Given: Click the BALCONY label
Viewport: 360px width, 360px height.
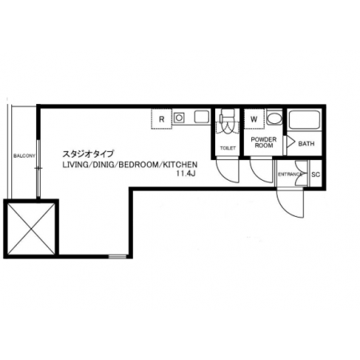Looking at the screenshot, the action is (x=24, y=155).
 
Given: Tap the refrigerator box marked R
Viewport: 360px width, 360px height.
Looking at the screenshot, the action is (x=162, y=119).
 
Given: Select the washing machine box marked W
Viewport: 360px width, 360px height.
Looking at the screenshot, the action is (x=254, y=119).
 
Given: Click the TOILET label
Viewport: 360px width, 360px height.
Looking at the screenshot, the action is (x=228, y=148).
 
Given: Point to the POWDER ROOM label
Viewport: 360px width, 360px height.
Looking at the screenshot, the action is (x=263, y=142).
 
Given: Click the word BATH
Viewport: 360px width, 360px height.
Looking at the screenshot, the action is (x=306, y=144).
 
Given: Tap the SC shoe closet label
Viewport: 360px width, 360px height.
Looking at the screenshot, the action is (x=315, y=174).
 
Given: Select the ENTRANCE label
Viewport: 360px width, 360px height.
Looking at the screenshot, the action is (x=290, y=174).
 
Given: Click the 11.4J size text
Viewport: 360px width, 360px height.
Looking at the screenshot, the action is (x=186, y=174).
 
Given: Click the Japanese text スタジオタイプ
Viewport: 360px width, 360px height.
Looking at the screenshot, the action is (x=88, y=154).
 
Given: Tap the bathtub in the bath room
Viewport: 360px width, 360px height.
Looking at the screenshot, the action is (x=304, y=120).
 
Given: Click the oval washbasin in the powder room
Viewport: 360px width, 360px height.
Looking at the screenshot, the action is (x=274, y=118).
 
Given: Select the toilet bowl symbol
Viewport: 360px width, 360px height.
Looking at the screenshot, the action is (x=227, y=123).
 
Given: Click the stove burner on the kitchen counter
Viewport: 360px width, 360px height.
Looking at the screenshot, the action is (x=179, y=118).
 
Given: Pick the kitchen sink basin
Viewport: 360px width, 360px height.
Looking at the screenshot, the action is (x=202, y=117).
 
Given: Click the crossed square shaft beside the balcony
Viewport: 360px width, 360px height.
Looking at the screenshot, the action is (x=31, y=229).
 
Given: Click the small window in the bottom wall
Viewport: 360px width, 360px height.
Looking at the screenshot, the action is (x=118, y=257).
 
